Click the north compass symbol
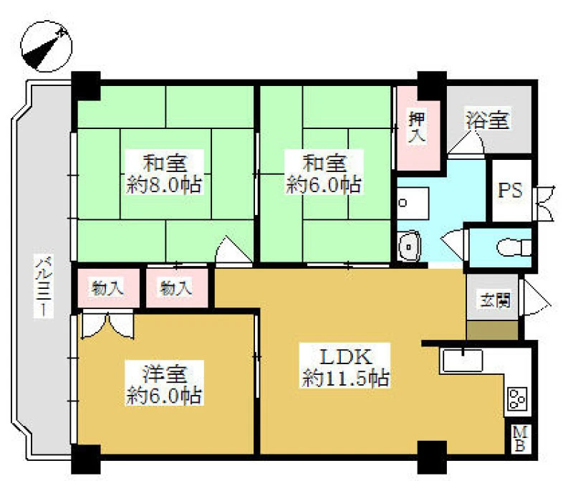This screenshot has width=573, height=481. click(x=47, y=47)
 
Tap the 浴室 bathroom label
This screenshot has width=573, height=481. click(x=488, y=119)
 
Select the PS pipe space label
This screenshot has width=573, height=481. click(x=511, y=190)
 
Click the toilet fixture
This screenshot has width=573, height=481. click(x=514, y=247)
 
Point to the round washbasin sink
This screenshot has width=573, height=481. click(x=409, y=247)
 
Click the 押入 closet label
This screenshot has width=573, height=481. click(x=417, y=128)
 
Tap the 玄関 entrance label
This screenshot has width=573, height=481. click(x=495, y=300)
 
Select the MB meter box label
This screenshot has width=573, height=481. click(x=519, y=439)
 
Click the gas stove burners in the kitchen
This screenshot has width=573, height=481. click(x=517, y=399)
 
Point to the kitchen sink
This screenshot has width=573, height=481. click(x=462, y=361)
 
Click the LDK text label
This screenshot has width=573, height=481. click(x=345, y=357)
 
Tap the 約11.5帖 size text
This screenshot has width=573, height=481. click(x=345, y=378)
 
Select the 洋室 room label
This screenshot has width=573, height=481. click(x=165, y=373)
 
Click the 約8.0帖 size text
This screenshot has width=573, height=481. click(x=165, y=184)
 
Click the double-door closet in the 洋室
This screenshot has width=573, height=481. click(x=107, y=324)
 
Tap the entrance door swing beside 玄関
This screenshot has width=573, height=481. click(x=536, y=297)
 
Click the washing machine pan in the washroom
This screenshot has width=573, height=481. click(x=413, y=204)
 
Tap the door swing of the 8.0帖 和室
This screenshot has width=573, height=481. click(x=234, y=250)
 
